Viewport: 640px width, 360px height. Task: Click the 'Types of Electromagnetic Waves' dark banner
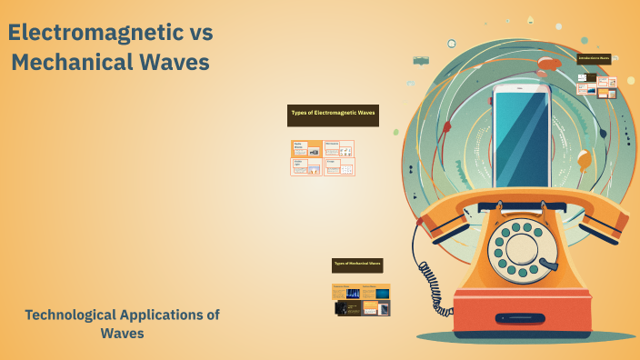[x=333, y=114]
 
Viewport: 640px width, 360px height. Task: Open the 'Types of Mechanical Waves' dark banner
[x=356, y=265]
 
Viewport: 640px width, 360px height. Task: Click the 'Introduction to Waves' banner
[x=594, y=57]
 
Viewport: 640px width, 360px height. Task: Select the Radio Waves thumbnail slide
[x=306, y=149]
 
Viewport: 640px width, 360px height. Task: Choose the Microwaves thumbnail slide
[x=339, y=148]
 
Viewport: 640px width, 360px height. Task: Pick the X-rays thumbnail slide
[x=339, y=167]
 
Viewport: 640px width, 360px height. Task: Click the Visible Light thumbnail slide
[x=306, y=167]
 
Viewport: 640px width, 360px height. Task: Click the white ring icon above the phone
[x=451, y=44]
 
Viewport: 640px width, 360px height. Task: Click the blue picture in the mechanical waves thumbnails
[x=382, y=293]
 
